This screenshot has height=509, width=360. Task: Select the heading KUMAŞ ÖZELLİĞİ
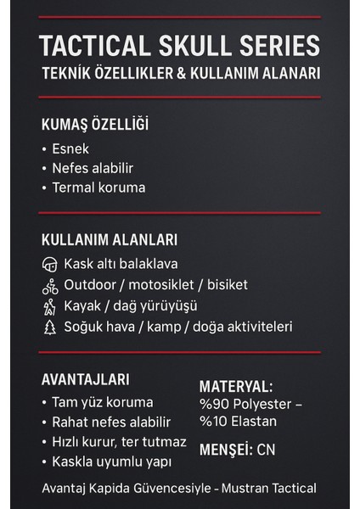tap(95, 125)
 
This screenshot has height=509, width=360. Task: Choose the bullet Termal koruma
tap(98, 187)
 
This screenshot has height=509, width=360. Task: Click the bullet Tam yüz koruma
tap(102, 401)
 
